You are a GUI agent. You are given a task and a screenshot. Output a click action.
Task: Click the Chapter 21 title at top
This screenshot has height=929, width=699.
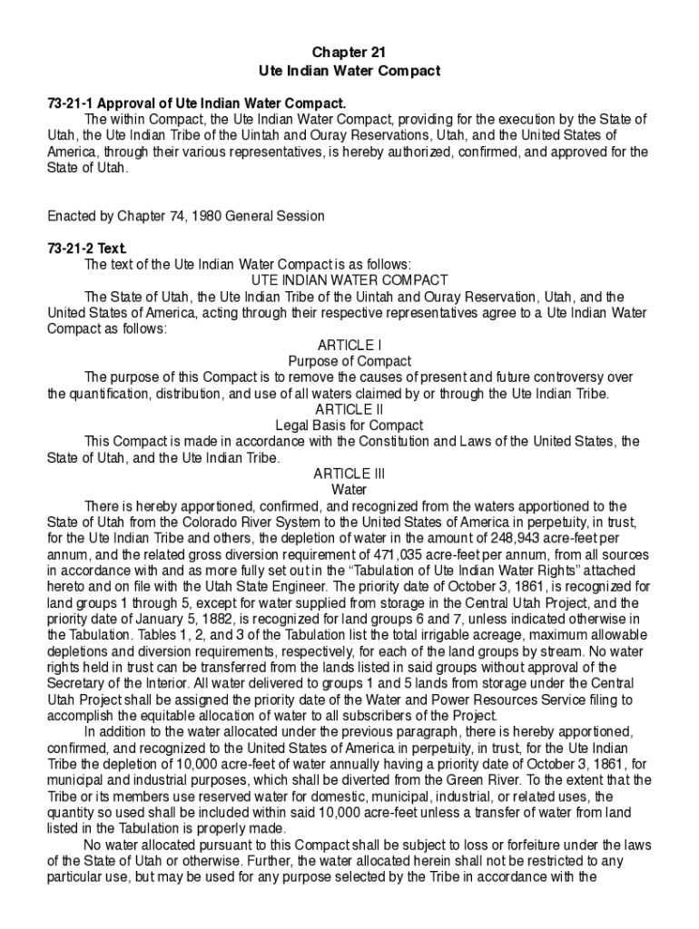pos(349,54)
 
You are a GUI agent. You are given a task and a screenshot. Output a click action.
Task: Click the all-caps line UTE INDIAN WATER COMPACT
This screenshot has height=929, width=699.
pos(349,280)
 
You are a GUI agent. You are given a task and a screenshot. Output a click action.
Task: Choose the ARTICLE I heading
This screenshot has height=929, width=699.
pos(349,345)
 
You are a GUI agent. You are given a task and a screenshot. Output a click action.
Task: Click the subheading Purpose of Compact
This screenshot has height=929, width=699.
pos(349,361)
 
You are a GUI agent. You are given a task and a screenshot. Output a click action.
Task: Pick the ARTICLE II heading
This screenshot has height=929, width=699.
pos(349,409)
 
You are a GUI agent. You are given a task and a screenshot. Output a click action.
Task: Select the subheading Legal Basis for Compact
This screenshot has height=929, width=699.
pos(349,425)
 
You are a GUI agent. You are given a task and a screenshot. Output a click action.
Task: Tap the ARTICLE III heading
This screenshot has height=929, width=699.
pos(349,474)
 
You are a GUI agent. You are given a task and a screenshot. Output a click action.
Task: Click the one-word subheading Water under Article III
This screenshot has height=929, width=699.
pos(349,490)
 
